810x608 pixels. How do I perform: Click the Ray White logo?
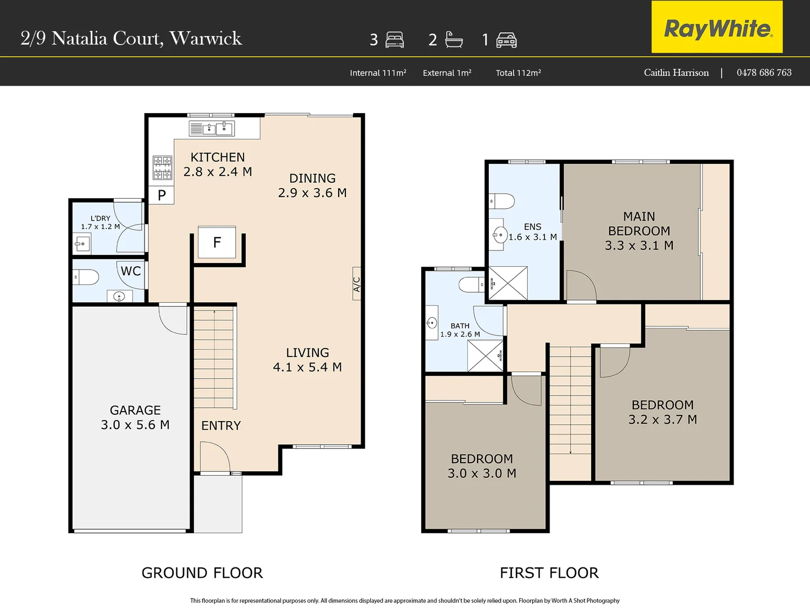(717, 28)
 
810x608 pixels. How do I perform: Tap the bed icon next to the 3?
(395, 40)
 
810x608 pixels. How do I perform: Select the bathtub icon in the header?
(453, 39)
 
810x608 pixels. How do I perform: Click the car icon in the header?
(506, 40)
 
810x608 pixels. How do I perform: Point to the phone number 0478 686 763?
(764, 73)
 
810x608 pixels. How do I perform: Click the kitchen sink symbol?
(212, 128)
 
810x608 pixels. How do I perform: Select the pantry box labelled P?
(162, 195)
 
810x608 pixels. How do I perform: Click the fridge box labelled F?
(217, 243)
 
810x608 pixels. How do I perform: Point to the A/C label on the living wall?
(357, 284)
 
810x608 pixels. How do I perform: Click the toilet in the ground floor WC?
(85, 277)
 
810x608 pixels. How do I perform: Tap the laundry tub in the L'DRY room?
(82, 244)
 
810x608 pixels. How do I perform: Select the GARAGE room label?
(135, 410)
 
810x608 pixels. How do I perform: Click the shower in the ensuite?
(508, 283)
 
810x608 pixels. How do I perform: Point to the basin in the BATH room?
(432, 323)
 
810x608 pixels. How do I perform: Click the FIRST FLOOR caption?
(549, 573)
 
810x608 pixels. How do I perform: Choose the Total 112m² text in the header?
(518, 73)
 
